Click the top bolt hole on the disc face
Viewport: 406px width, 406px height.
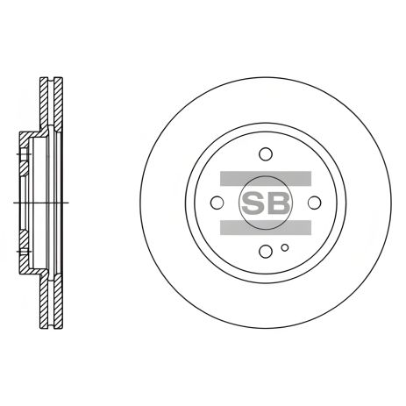(266, 154)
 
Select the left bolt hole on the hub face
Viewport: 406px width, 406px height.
(217, 203)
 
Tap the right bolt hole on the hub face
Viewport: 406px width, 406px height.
(315, 203)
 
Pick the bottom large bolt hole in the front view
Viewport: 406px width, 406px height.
(266, 251)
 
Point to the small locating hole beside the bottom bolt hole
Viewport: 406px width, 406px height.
(285, 248)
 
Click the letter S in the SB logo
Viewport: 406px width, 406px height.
(253, 203)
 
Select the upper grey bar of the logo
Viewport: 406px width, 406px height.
(266, 178)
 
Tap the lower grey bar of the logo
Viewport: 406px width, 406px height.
(266, 227)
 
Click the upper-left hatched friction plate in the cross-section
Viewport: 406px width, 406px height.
(44, 105)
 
